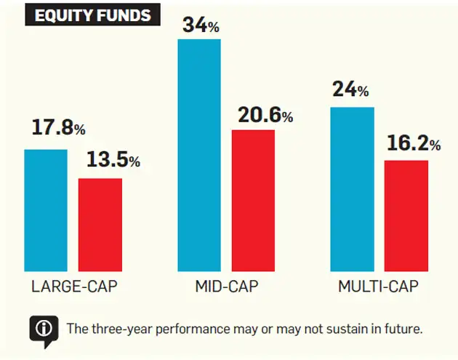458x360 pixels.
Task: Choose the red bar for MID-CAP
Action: click(253, 200)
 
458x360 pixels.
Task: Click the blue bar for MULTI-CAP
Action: click(353, 189)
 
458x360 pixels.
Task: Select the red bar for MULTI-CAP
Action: click(406, 215)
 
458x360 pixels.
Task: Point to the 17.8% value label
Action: click(58, 129)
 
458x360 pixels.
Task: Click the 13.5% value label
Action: click(113, 159)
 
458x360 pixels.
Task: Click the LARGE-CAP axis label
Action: click(73, 287)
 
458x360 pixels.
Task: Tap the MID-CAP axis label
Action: click(226, 287)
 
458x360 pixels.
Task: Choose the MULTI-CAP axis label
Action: click(379, 287)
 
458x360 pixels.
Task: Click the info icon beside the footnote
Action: click(44, 328)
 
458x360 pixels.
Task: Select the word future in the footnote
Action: click(403, 329)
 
